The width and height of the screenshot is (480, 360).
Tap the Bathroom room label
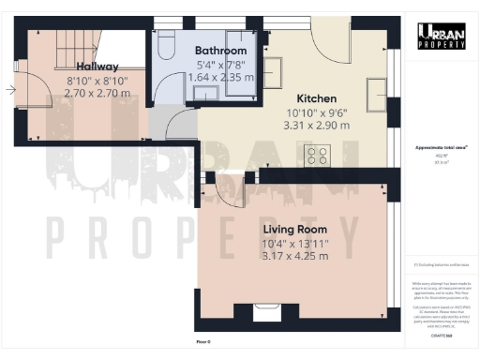click(x=220, y=51)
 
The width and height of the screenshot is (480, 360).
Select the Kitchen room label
click(x=317, y=98)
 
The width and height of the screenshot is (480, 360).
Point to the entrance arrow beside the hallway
click(x=10, y=90)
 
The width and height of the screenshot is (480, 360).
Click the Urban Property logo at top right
click(x=442, y=36)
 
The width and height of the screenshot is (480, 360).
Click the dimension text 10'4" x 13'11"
click(x=296, y=243)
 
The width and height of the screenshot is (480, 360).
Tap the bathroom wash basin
click(x=208, y=91)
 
